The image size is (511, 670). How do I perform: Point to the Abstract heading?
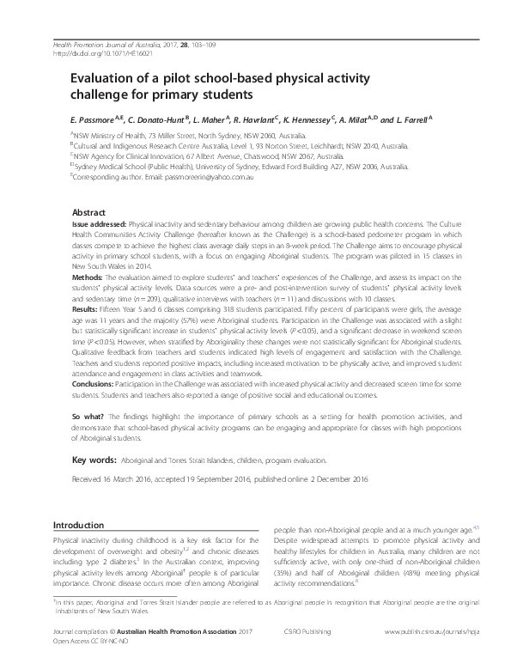(x=88, y=211)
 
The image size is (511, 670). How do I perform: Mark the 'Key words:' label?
(x=94, y=461)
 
